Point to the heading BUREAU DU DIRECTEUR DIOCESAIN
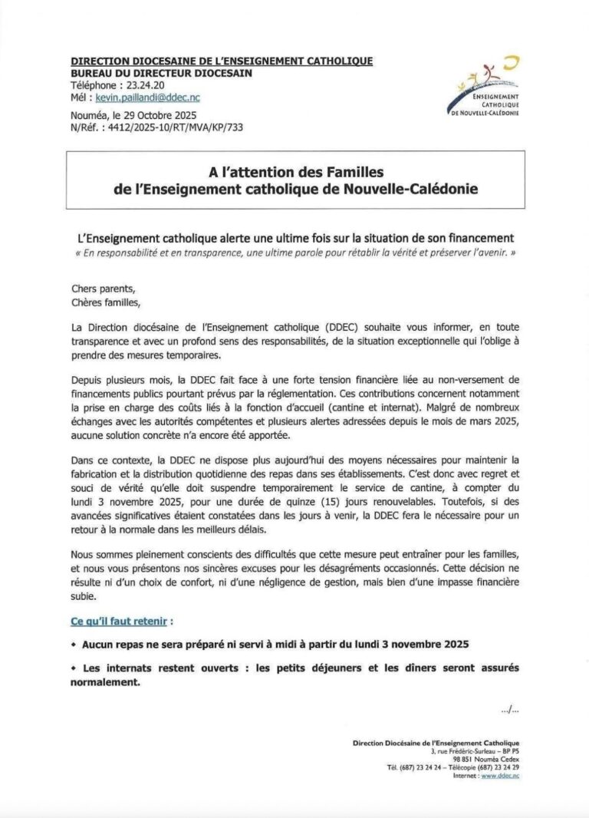(161, 73)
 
